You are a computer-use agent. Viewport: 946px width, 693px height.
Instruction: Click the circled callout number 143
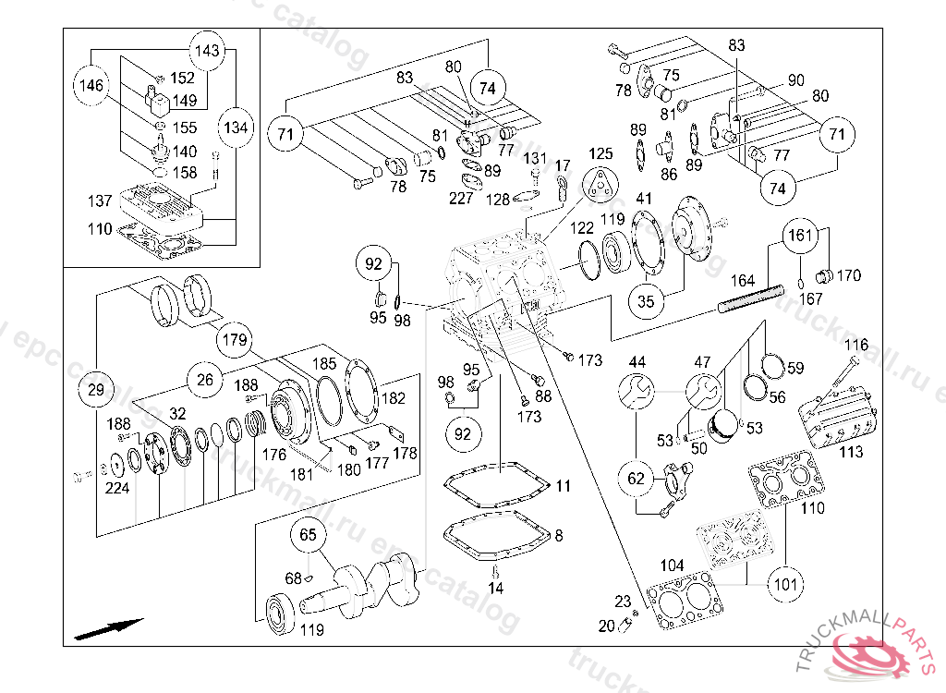click(x=208, y=50)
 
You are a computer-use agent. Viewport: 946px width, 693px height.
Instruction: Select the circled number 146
click(x=91, y=85)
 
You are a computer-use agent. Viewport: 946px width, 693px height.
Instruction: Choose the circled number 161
click(x=801, y=236)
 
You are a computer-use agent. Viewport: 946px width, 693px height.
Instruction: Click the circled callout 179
click(x=235, y=340)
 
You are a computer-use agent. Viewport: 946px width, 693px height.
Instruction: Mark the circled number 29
click(x=96, y=390)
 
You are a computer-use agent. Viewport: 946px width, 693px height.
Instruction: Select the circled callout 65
click(x=309, y=534)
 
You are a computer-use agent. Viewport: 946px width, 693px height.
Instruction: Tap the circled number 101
click(x=784, y=584)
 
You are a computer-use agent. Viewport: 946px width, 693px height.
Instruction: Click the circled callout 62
click(x=637, y=478)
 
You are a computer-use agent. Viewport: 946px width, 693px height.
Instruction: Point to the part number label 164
click(x=743, y=280)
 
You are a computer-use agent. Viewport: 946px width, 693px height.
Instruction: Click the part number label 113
click(x=851, y=452)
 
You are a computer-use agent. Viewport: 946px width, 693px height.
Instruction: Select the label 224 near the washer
click(x=116, y=489)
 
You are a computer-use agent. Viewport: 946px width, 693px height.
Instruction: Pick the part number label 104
click(x=672, y=565)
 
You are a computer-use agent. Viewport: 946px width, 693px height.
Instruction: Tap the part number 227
click(x=461, y=197)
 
